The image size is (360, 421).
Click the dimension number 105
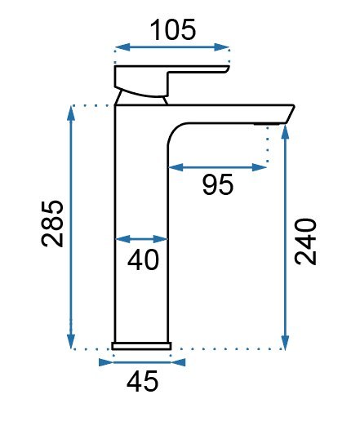pyautogui.click(x=173, y=30)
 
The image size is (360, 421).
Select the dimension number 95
pyautogui.click(x=217, y=185)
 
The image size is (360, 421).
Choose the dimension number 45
pyautogui.click(x=140, y=379)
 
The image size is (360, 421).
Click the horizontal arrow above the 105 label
pyautogui.click(x=172, y=48)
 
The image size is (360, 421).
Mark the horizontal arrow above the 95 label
pyautogui.click(x=217, y=167)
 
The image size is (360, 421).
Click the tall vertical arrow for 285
pyautogui.click(x=72, y=228)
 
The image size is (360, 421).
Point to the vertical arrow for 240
pyautogui.click(x=285, y=237)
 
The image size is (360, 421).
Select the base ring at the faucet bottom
pyautogui.click(x=141, y=345)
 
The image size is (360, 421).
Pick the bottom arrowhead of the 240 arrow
pyautogui.click(x=285, y=343)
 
